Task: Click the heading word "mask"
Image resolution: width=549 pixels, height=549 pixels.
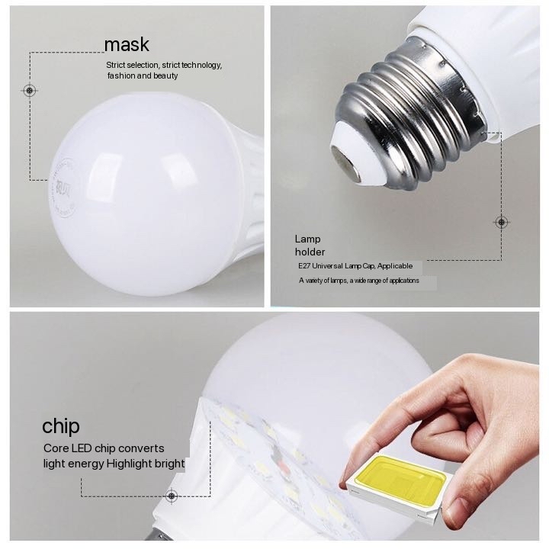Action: pyautogui.click(x=127, y=45)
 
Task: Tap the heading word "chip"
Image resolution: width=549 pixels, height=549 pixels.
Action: pyautogui.click(x=61, y=426)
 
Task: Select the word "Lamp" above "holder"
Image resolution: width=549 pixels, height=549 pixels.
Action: pyautogui.click(x=307, y=239)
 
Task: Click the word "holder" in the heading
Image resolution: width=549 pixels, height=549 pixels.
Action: pyautogui.click(x=310, y=252)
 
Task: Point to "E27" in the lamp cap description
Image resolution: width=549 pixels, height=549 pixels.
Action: pyautogui.click(x=304, y=266)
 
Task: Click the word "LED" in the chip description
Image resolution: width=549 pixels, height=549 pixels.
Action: pyautogui.click(x=82, y=448)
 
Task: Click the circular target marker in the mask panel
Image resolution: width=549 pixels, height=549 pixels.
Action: pyautogui.click(x=30, y=91)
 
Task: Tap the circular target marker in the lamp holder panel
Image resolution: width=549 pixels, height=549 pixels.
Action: pyautogui.click(x=502, y=222)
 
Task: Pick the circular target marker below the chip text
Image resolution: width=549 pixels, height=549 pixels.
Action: pyautogui.click(x=172, y=496)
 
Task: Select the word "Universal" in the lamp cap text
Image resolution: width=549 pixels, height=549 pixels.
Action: pyautogui.click(x=327, y=266)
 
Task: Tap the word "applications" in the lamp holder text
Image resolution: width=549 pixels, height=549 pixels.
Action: pyautogui.click(x=404, y=281)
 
